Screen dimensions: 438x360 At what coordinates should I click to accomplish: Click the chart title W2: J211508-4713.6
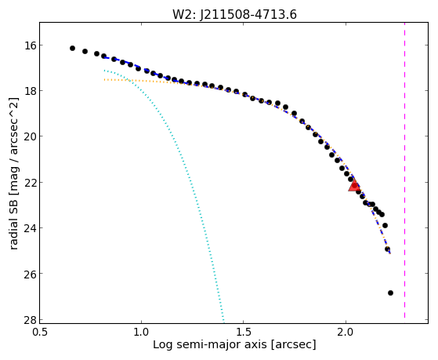click(234, 14)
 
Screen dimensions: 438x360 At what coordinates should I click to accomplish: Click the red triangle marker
click(354, 186)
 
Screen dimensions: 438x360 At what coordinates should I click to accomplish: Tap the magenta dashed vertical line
click(404, 170)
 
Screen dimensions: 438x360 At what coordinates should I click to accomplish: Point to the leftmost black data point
click(72, 48)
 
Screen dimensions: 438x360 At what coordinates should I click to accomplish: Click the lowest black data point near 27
click(390, 293)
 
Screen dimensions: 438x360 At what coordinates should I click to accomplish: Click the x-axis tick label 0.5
click(39, 333)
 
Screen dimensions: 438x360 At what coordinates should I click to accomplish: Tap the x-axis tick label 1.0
click(141, 333)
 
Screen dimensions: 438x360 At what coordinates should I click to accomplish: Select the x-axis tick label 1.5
click(244, 333)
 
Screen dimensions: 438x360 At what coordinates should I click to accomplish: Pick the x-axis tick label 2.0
click(346, 333)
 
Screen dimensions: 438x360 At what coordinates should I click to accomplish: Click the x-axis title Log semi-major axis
click(209, 344)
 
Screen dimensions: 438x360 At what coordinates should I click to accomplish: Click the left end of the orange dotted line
click(104, 80)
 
